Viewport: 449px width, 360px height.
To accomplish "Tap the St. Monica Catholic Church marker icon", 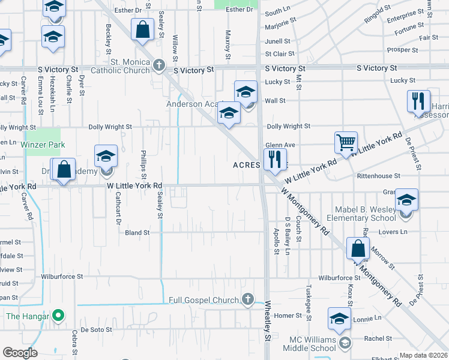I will tap(158, 64).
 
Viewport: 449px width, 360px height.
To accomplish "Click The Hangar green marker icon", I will tap(58, 314).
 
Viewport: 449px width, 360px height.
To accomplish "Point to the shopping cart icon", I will tap(346, 143).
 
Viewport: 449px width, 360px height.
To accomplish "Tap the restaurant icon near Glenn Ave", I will tap(274, 159).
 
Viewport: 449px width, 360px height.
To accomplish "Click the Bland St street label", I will tap(137, 232).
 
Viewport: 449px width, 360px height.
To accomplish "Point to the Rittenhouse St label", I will tap(378, 176).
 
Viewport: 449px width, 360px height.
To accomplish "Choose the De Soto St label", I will tap(97, 329).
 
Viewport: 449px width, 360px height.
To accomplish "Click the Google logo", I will tap(20, 352).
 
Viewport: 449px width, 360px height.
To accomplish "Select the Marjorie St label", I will tap(281, 20).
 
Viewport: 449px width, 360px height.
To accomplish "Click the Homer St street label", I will tap(288, 316).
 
